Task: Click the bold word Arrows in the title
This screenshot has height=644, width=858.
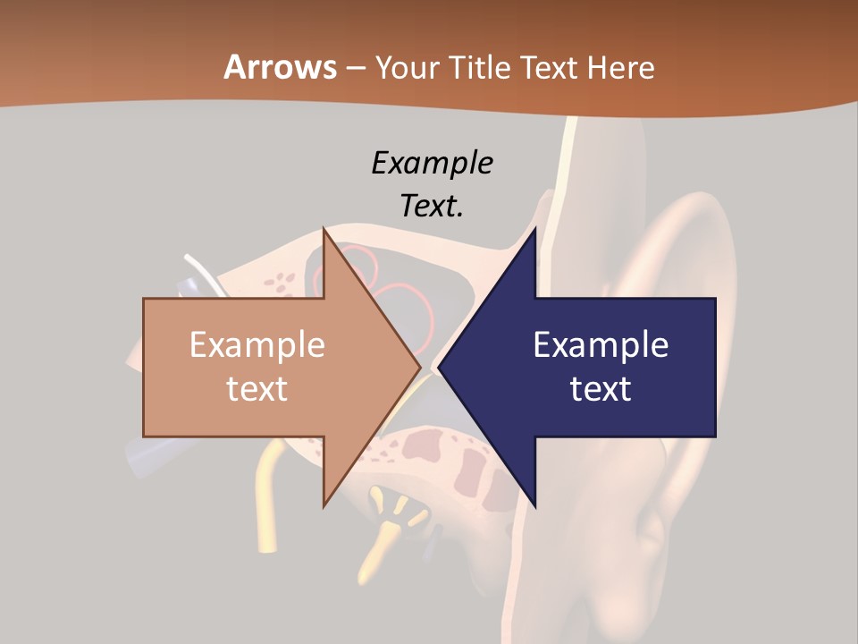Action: click(280, 67)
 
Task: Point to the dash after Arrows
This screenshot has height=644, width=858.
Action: click(355, 68)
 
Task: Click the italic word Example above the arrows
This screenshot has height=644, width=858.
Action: click(432, 163)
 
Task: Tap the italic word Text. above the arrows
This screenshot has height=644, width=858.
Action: click(432, 206)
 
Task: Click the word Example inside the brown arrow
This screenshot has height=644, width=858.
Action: click(257, 344)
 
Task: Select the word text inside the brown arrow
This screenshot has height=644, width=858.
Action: click(257, 388)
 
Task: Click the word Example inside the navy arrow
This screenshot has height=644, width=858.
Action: click(601, 344)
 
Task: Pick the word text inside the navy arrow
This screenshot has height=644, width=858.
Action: click(601, 388)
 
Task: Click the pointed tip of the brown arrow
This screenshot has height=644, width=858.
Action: click(420, 367)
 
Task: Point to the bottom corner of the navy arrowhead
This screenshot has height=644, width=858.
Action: click(534, 505)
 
